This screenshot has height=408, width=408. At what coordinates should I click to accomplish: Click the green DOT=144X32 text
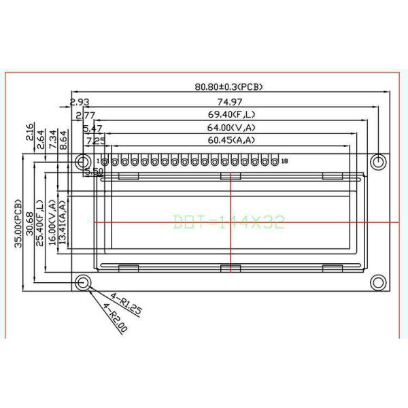pos(228,222)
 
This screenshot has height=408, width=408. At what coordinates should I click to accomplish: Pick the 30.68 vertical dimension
pos(29,223)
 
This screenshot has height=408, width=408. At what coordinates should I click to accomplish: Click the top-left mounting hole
pos(84,162)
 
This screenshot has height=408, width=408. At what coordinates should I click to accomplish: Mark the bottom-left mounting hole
pos(84,282)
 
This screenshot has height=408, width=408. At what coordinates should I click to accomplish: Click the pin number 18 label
pos(284,161)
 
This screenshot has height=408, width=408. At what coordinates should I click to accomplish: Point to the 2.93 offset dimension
pos(78,103)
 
